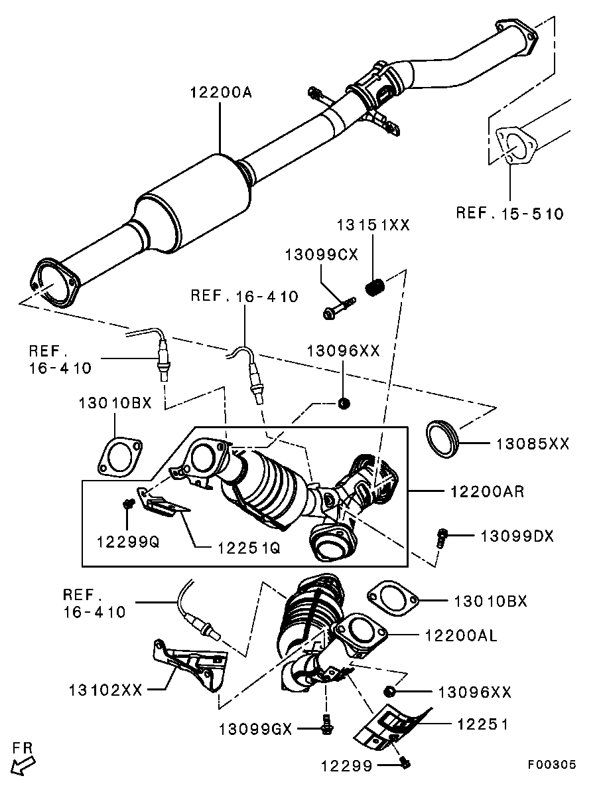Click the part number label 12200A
220,92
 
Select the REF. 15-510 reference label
509,213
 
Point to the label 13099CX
322,254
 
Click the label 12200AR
487,491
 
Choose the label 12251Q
249,548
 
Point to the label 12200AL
461,636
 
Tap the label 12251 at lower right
482,724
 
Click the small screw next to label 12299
406,763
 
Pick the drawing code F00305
551,764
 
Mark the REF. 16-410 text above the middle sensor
245,296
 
